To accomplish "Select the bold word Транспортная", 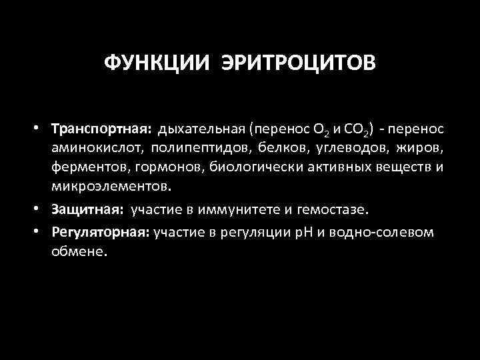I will (103, 128).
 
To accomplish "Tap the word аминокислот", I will (98, 147).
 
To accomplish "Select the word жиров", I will (421, 147).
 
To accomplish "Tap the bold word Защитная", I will (89, 211).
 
